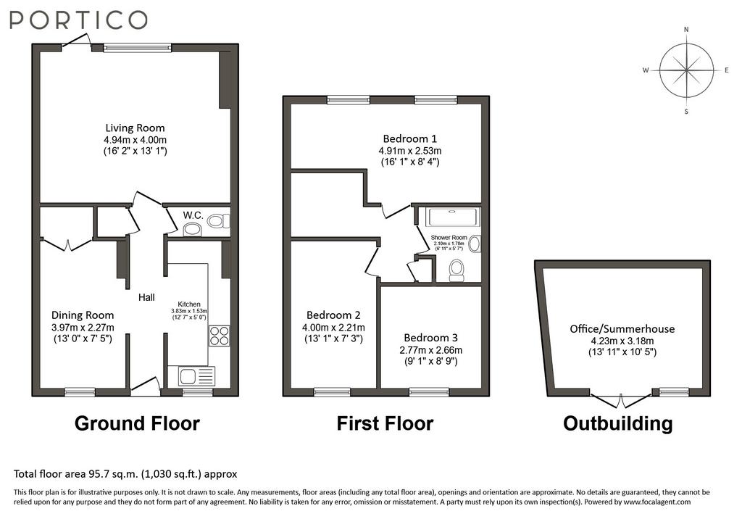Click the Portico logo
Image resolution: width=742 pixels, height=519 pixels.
(78, 20)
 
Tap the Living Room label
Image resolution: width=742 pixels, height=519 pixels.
(135, 128)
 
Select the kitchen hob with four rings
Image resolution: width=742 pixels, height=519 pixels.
(219, 336)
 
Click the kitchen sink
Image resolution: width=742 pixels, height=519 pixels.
(196, 376)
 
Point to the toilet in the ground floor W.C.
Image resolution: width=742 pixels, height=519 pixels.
(219, 220)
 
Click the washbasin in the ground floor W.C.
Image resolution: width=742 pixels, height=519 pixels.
(192, 230)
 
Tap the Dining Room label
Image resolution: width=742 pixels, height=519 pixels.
(83, 315)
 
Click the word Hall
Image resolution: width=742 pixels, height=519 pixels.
(146, 297)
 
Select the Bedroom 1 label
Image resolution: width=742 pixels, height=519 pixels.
(410, 138)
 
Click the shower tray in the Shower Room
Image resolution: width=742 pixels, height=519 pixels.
(453, 217)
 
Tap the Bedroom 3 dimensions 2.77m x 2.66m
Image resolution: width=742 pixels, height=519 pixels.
(430, 350)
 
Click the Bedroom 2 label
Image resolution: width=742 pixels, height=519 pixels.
(333, 315)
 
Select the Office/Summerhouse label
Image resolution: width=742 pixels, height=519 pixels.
(622, 329)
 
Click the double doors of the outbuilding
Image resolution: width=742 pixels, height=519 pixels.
(621, 399)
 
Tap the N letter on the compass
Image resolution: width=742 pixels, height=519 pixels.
(686, 30)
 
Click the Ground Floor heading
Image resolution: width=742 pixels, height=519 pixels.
(137, 423)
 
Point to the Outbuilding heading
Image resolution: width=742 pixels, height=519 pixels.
(618, 423)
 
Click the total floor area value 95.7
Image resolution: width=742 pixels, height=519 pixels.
(96, 473)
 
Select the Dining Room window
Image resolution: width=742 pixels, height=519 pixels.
(80, 391)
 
